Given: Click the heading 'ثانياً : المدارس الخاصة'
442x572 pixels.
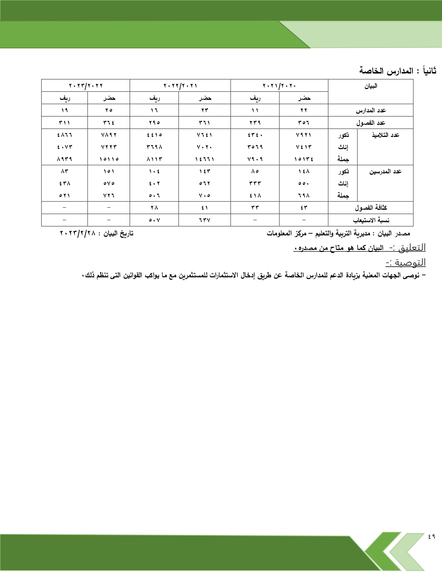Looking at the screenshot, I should (397, 71).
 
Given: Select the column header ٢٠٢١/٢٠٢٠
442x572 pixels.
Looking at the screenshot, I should (279, 86).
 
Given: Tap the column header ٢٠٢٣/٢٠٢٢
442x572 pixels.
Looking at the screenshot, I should (86, 86).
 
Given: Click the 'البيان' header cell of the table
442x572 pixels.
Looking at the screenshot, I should (371, 86).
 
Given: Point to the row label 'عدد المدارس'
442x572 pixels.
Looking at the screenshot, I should (371, 110).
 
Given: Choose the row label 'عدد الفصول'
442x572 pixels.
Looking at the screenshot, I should (371, 123).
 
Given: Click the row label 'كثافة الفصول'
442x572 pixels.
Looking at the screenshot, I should (371, 208).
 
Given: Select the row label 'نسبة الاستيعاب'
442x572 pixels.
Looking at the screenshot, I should (371, 220).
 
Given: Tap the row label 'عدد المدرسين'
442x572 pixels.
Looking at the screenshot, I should (385, 171).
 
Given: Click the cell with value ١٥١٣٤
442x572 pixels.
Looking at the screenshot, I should (304, 159).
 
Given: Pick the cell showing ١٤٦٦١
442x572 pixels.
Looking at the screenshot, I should (205, 159).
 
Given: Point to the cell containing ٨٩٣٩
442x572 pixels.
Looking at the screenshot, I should (64, 159).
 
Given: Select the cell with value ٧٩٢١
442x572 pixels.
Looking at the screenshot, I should (304, 135).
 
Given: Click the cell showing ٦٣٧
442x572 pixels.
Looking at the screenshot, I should (205, 220).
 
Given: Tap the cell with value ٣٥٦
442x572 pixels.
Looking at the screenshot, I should (304, 123).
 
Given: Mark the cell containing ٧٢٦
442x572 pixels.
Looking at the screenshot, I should (109, 196).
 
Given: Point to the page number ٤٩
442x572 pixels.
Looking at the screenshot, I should (431, 546).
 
